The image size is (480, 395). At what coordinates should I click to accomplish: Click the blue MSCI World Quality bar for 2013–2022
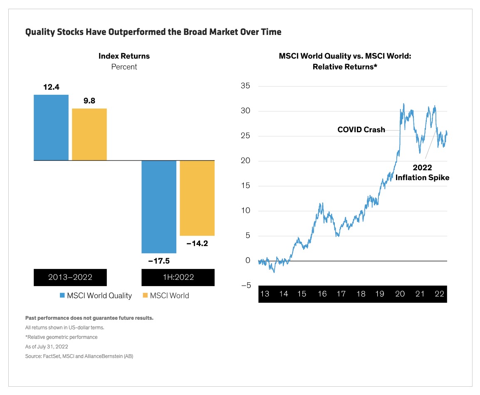coord(51,127)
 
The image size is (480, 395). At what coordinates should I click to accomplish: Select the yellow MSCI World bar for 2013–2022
coord(89,134)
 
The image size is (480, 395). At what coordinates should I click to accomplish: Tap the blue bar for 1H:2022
coord(158,207)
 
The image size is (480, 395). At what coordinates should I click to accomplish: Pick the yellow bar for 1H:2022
coord(197,198)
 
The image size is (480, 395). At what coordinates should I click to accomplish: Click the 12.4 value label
coord(51,88)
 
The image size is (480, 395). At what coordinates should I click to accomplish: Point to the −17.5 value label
coord(158,261)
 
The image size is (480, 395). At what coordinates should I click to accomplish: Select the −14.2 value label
coord(197,244)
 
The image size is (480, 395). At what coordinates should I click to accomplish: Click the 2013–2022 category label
coord(70,277)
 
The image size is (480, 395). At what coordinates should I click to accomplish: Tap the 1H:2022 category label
coord(178,277)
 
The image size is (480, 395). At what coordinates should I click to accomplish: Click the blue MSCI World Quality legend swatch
coord(62,296)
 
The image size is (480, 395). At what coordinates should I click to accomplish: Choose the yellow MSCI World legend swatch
coord(145,296)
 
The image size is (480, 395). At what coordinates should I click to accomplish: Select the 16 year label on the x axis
coord(322,294)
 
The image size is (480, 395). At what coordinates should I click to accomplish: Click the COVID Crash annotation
coord(361,130)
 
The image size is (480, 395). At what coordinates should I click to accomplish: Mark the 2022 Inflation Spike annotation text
coord(422,173)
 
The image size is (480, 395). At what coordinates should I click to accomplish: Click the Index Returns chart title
coord(124,56)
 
